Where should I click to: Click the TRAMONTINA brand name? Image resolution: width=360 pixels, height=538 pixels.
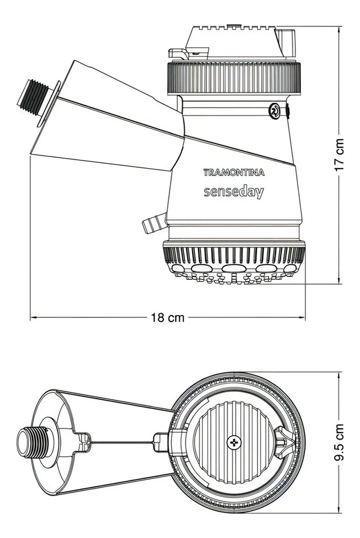234,172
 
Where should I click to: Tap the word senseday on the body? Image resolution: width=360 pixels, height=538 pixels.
234,192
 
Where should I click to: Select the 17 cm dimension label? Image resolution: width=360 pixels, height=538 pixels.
339,155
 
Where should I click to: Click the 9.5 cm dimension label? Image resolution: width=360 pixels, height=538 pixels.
339,443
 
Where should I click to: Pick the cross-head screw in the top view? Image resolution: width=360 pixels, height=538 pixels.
234,443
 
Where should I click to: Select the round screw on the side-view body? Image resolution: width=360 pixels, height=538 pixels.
274,111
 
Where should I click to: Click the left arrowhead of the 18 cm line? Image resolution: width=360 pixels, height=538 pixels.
32,317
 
